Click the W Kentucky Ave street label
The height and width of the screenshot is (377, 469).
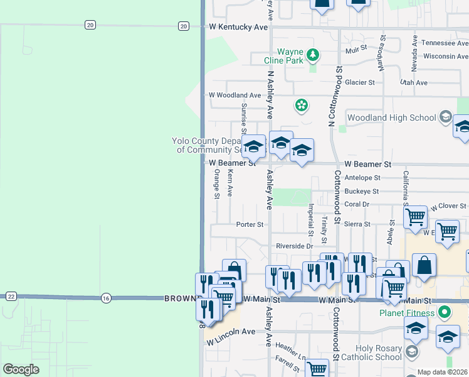point(238,28)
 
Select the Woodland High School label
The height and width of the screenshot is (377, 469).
point(391,117)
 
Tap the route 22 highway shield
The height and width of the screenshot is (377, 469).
point(11,296)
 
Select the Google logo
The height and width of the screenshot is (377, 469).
point(21,369)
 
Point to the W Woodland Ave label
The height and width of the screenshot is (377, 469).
point(234,96)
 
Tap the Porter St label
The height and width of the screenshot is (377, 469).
point(250,224)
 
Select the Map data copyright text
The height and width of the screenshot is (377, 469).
point(443,372)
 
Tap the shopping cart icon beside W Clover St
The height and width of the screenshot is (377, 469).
point(415,217)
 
